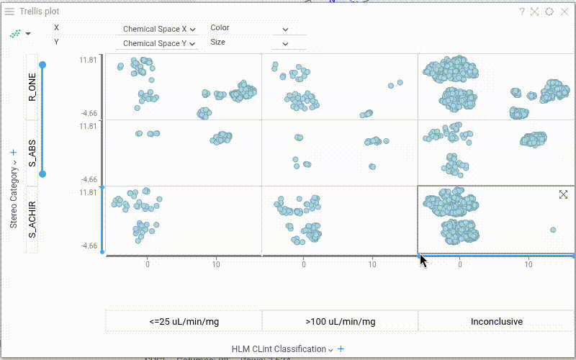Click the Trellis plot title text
point(40,12)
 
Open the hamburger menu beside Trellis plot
point(9,12)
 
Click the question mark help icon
point(523,12)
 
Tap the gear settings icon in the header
point(549,12)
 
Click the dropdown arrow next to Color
point(285,30)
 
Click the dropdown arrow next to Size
point(285,44)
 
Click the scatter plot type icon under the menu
point(15,33)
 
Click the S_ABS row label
point(32,153)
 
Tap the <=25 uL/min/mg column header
point(184,321)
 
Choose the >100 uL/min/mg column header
point(340,321)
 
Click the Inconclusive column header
point(497,321)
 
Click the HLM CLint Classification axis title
point(279,349)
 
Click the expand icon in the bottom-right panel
point(564,194)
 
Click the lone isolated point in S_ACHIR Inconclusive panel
point(553,230)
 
